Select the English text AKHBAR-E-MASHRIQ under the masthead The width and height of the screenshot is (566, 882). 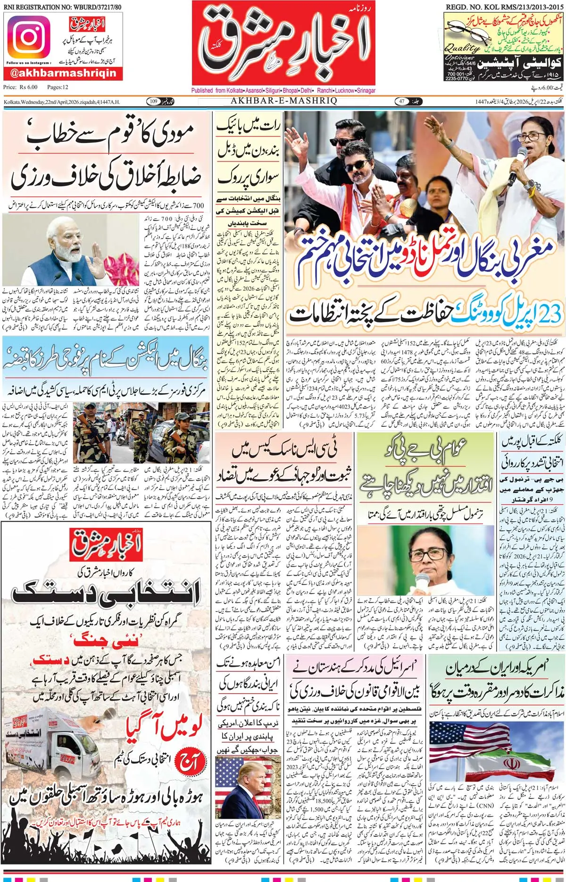coord(283,101)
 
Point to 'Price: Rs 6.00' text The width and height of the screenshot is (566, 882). coord(20,87)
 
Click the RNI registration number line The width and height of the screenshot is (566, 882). coord(62,7)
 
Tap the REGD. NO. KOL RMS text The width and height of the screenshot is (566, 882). coord(504,7)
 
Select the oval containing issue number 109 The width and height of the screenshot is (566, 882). coord(154,101)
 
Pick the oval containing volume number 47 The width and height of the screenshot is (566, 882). coord(401,101)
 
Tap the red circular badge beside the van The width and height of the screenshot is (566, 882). coord(190,762)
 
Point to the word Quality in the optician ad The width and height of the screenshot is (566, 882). coord(461,48)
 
